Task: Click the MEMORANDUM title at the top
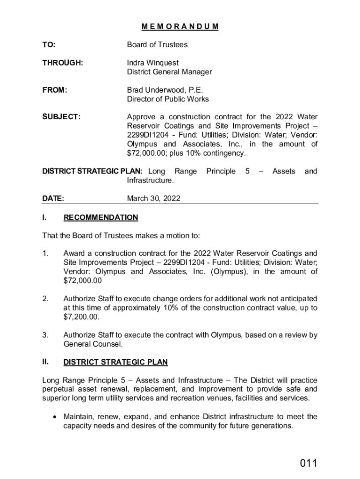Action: click(180, 27)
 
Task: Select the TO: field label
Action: click(49, 45)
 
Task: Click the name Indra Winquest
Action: click(152, 63)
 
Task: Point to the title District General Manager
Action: click(169, 72)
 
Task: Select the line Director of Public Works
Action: click(168, 99)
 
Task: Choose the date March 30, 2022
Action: click(153, 198)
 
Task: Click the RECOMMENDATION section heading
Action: click(101, 218)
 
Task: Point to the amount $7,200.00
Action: click(81, 317)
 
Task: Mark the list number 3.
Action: click(45, 335)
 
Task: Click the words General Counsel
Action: click(93, 344)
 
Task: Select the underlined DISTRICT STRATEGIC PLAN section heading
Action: click(115, 363)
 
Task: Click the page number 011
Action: click(309, 464)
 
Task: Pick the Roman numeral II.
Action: click(46, 362)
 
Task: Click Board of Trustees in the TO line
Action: click(157, 45)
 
